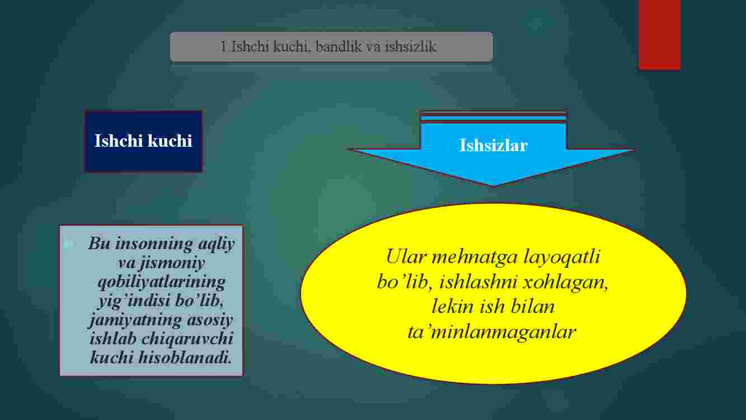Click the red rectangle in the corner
(x=659, y=34)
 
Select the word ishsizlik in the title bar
(x=410, y=46)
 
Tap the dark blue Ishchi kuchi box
(x=143, y=141)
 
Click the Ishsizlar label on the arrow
(x=494, y=146)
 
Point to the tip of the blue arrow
(x=494, y=186)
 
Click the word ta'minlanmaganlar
(x=492, y=332)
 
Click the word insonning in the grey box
(x=154, y=244)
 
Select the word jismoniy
(x=172, y=263)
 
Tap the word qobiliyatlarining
(x=162, y=282)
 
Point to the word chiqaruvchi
(x=187, y=339)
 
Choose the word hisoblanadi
(x=185, y=358)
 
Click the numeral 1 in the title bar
(x=223, y=46)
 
